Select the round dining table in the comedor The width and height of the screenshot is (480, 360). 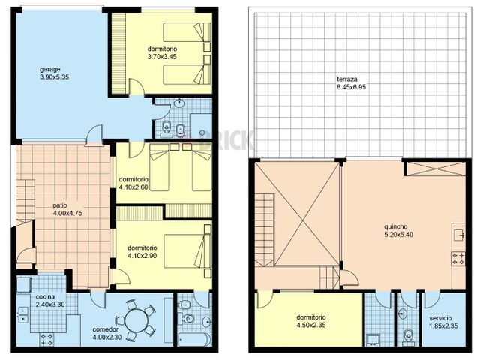point(137,320)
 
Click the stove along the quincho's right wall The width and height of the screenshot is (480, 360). point(457,258)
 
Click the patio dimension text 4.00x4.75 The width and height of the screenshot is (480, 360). point(67,213)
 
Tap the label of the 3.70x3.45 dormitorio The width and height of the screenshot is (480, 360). point(163,49)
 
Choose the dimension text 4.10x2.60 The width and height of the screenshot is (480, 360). point(134,187)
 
